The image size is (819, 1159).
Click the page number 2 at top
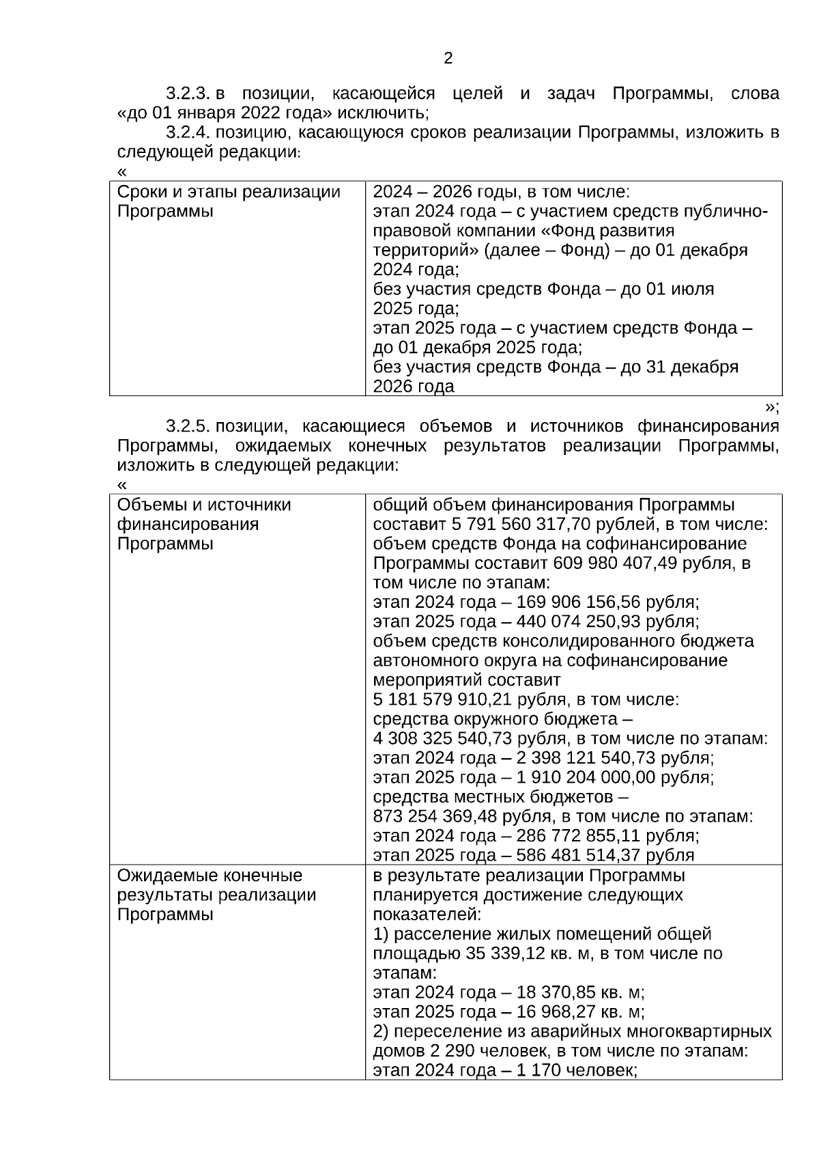pyautogui.click(x=448, y=59)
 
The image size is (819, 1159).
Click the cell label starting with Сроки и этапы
pyautogui.click(x=229, y=192)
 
